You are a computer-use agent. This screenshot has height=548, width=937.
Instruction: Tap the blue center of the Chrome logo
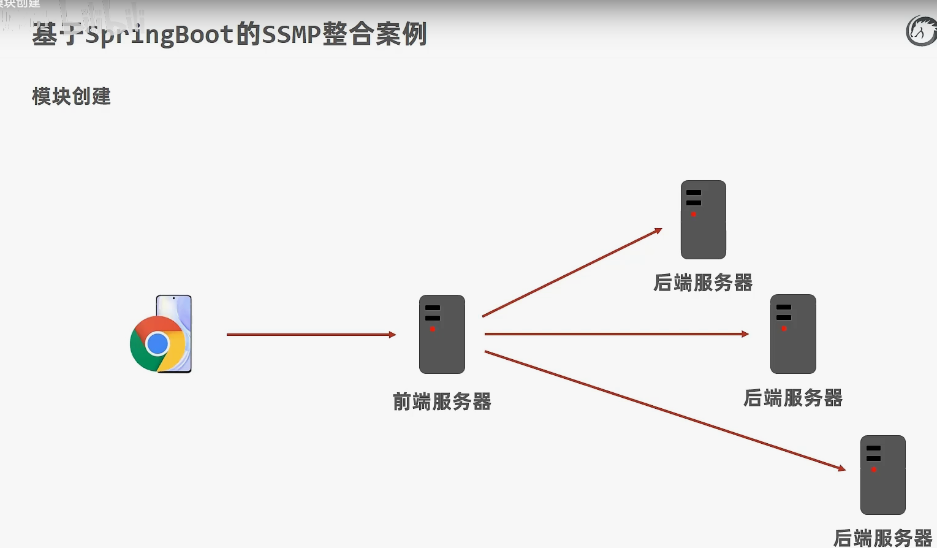[157, 344]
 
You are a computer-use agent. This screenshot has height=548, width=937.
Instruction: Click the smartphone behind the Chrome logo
[178, 306]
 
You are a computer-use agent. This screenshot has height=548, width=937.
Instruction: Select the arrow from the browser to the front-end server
[311, 335]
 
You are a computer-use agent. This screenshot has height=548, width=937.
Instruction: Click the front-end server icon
[442, 334]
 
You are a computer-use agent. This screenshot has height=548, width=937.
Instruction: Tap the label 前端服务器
[442, 401]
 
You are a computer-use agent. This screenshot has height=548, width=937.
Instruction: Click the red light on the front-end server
[433, 329]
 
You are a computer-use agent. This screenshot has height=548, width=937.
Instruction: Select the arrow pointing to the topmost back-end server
[572, 273]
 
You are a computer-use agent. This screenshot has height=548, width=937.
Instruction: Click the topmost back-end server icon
[703, 219]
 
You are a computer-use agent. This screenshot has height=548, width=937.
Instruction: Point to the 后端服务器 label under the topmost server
[703, 283]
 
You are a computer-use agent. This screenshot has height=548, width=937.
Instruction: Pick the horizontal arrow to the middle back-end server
[616, 334]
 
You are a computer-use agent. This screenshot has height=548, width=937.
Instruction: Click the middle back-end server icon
[793, 334]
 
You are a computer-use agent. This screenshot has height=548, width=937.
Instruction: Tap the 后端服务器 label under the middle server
[793, 398]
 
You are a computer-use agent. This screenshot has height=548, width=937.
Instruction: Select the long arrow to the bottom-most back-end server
[664, 410]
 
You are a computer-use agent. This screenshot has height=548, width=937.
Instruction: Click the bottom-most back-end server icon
[882, 475]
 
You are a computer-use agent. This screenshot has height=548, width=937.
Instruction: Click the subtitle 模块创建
[71, 96]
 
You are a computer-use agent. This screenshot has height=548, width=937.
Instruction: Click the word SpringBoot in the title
[159, 34]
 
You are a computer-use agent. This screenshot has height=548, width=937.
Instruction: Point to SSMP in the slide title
[291, 34]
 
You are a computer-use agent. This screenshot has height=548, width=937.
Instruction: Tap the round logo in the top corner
[921, 31]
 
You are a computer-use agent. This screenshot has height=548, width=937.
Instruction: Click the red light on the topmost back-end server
[694, 214]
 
